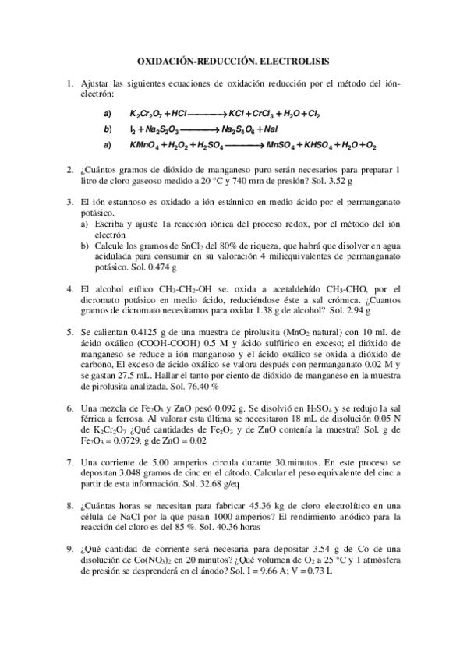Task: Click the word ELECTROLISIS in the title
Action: pos(292,58)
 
